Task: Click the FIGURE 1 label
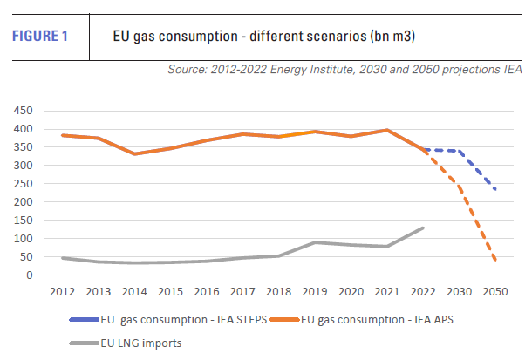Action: tap(41, 37)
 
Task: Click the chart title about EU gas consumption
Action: tap(263, 37)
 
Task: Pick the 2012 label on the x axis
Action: tap(62, 291)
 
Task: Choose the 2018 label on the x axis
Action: tap(279, 291)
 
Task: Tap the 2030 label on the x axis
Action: tap(459, 291)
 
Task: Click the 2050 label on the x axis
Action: tap(495, 291)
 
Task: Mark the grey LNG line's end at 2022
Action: tap(423, 228)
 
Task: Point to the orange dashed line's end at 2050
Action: tap(495, 260)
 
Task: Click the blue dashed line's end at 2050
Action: tap(495, 189)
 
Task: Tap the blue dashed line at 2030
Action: tap(459, 151)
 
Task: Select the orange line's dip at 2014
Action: tap(134, 153)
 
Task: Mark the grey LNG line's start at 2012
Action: tap(62, 258)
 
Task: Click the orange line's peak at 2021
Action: tap(387, 130)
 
